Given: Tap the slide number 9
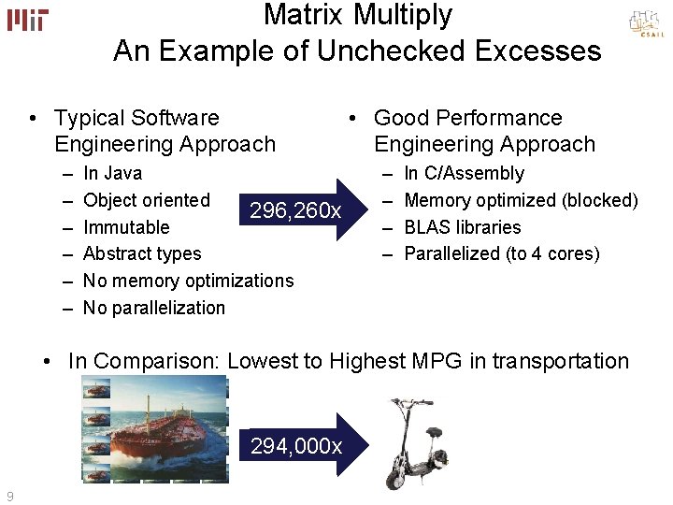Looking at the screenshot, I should pyautogui.click(x=9, y=496).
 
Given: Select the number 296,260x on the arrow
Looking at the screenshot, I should pyautogui.click(x=295, y=211).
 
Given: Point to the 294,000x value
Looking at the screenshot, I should pyautogui.click(x=296, y=446).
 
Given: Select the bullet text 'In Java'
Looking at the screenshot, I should pyautogui.click(x=112, y=173).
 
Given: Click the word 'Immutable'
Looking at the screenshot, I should pyautogui.click(x=126, y=227).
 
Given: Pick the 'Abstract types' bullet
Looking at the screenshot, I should pyautogui.click(x=142, y=253).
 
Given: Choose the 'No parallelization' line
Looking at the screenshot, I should pyautogui.click(x=154, y=308).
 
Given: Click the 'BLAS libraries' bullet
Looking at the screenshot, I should pyautogui.click(x=462, y=227).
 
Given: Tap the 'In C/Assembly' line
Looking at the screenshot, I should pyautogui.click(x=464, y=173).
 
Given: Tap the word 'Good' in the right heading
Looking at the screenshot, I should pyautogui.click(x=400, y=118).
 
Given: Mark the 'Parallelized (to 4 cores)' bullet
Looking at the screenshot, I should pyautogui.click(x=501, y=253).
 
